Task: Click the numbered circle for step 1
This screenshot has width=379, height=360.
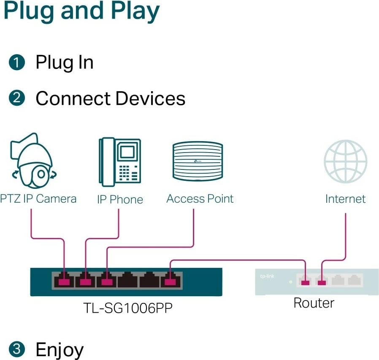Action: pyautogui.click(x=16, y=63)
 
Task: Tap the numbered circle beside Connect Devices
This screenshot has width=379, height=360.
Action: pyautogui.click(x=16, y=98)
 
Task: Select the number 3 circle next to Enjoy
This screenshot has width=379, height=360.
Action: pyautogui.click(x=16, y=349)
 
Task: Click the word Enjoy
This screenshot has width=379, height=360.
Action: pyautogui.click(x=60, y=350)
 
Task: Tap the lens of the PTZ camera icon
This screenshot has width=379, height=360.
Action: pyautogui.click(x=41, y=174)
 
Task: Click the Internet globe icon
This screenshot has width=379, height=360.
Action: pyautogui.click(x=345, y=162)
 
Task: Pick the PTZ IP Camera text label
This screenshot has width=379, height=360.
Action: pyautogui.click(x=38, y=199)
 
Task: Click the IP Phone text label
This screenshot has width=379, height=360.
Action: pyautogui.click(x=120, y=199)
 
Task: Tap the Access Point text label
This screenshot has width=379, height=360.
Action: pyautogui.click(x=200, y=199)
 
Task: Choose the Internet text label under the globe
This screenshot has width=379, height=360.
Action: pyautogui.click(x=345, y=199)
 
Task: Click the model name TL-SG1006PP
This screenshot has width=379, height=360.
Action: pyautogui.click(x=127, y=308)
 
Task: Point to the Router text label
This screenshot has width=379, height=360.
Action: pyautogui.click(x=314, y=303)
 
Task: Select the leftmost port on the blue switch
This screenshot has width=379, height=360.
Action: pyautogui.click(x=63, y=280)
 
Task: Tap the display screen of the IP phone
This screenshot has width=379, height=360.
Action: pyautogui.click(x=127, y=151)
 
